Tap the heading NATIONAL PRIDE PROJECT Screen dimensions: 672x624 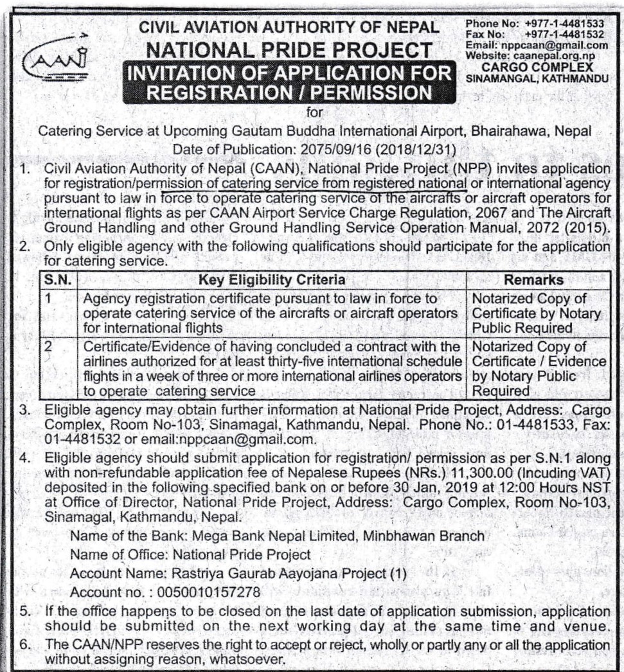290,49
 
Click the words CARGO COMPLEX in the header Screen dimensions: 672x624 537,66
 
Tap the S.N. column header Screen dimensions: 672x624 58,280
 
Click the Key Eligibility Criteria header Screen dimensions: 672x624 272,280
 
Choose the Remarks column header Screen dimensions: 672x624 533,280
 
